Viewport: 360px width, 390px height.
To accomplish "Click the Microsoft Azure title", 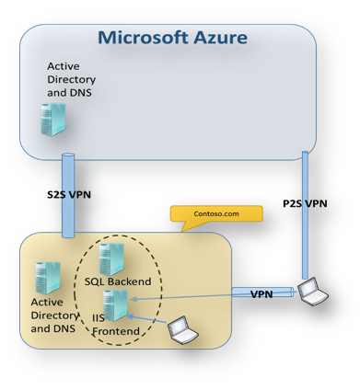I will point(172,38).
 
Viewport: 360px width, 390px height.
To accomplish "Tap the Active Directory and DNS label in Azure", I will point(71,80).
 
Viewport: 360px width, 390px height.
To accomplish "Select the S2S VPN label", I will point(69,194).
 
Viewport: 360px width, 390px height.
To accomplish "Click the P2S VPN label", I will point(304,203).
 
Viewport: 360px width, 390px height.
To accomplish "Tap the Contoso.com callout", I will point(216,213).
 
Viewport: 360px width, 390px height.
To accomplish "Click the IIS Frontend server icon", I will point(117,304).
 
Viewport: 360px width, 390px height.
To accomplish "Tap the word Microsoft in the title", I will point(138,38).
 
